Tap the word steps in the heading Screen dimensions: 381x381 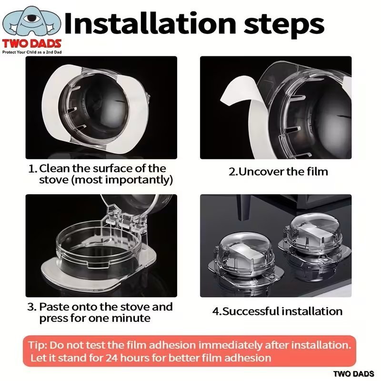click(283, 25)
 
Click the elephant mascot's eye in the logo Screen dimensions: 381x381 click(30, 18)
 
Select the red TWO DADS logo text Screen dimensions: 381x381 click(31, 44)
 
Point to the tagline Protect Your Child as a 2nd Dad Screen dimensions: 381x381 click(32, 52)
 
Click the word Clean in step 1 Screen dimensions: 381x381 click(55, 169)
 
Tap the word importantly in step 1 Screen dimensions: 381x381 click(139, 180)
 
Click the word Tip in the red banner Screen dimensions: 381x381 click(38, 345)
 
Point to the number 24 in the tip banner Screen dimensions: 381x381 click(111, 358)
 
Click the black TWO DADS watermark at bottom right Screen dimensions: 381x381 click(353, 374)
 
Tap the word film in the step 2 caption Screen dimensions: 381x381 click(317, 171)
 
